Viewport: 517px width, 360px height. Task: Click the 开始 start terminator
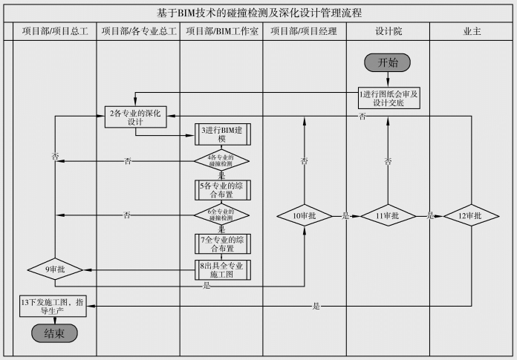point(387,62)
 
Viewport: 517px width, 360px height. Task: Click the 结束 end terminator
point(54,333)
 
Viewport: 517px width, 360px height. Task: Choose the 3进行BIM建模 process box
point(221,134)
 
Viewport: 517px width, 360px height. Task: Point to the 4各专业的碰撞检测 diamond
point(221,160)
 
